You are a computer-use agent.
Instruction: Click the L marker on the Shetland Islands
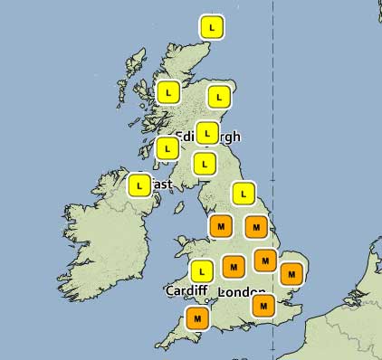(x=213, y=27)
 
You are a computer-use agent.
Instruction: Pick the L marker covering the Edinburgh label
(x=207, y=132)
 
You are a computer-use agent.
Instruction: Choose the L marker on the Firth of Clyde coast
(x=168, y=147)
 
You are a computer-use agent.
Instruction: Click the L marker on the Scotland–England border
(x=205, y=164)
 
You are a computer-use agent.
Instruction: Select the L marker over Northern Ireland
(x=139, y=185)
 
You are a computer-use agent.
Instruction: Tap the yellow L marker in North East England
(x=243, y=193)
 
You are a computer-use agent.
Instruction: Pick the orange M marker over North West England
(x=220, y=225)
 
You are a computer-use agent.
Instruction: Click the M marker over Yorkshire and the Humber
(x=257, y=226)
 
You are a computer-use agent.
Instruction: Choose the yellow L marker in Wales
(x=201, y=270)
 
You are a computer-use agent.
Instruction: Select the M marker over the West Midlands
(x=234, y=267)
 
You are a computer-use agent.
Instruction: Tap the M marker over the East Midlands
(x=264, y=261)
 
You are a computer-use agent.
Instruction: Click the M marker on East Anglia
(x=291, y=272)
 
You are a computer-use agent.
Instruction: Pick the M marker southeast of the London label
(x=263, y=306)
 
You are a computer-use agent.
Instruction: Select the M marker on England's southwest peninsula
(x=197, y=318)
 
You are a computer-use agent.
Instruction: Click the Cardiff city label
(x=187, y=291)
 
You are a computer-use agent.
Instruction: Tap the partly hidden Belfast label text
(x=161, y=185)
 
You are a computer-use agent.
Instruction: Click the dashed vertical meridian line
(x=273, y=109)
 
